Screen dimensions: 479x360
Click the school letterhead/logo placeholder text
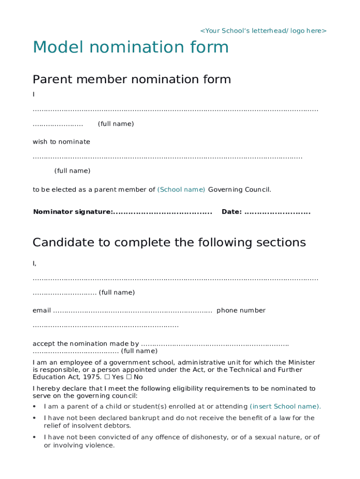click(x=263, y=31)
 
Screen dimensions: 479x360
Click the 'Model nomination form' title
click(x=130, y=48)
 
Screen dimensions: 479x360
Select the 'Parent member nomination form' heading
click(x=131, y=80)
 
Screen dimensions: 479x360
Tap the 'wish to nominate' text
click(x=61, y=142)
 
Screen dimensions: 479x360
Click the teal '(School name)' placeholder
click(x=181, y=189)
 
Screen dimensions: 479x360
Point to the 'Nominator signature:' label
click(x=72, y=212)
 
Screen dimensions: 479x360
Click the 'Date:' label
click(x=231, y=212)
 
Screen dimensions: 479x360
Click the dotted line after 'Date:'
click(x=277, y=212)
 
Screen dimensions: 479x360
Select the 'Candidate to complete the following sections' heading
click(x=169, y=242)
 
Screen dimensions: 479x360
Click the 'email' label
click(x=42, y=310)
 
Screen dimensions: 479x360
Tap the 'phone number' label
click(x=241, y=310)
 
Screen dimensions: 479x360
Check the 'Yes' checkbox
click(x=107, y=377)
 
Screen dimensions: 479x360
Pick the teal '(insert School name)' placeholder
click(x=285, y=406)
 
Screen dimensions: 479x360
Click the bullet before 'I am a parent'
click(x=35, y=406)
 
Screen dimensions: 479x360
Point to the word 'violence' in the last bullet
click(x=99, y=445)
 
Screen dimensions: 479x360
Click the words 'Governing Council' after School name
click(x=239, y=189)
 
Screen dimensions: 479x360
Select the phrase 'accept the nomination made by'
click(x=86, y=344)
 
